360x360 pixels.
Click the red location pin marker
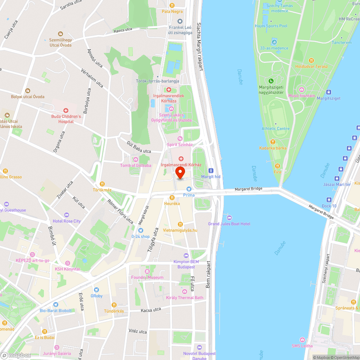[180, 172]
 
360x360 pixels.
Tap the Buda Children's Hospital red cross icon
[66, 111]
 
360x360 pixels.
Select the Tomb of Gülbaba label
[136, 165]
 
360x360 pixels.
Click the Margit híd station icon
[211, 171]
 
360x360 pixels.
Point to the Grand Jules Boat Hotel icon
[229, 218]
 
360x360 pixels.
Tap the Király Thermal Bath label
[184, 298]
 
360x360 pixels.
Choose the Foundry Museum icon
[147, 271]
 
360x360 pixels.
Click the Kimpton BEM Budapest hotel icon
[186, 256]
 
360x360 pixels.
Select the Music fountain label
[302, 96]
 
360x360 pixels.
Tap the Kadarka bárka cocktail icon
[273, 142]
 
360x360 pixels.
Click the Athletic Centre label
[275, 129]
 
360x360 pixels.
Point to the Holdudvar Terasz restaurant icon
[311, 60]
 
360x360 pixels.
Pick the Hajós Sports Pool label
[271, 26]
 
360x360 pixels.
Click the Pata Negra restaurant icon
[172, 5]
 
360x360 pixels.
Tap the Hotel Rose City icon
[67, 215]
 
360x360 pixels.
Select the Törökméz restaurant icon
[103, 184]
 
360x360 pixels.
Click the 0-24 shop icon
[140, 230]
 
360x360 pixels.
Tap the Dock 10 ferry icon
[329, 200]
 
